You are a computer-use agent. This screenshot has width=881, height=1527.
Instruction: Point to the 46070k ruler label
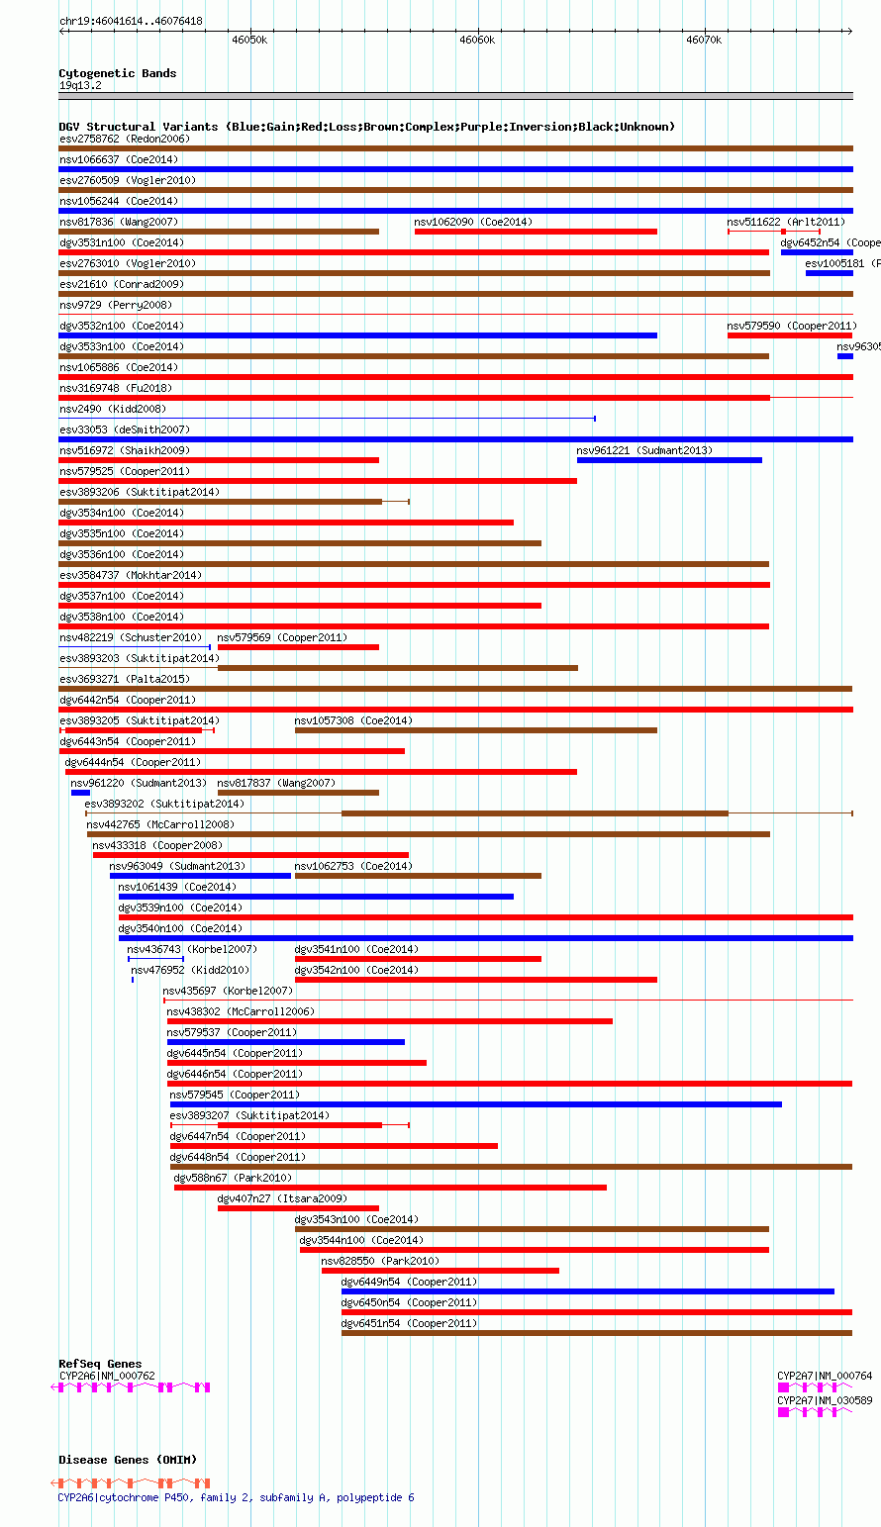click(704, 40)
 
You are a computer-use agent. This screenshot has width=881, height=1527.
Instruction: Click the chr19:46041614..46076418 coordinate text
click(131, 21)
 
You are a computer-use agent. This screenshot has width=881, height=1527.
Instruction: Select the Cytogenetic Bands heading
click(117, 73)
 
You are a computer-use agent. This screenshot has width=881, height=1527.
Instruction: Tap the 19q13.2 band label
click(80, 85)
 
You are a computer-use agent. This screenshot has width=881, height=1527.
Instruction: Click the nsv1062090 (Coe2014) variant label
click(472, 222)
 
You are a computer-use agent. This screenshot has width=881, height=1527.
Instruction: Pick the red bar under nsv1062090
click(536, 232)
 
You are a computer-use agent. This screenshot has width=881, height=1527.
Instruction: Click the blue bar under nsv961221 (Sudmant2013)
click(669, 460)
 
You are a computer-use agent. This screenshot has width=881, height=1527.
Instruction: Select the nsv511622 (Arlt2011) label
click(786, 222)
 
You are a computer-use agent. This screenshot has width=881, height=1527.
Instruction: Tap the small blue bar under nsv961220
click(80, 793)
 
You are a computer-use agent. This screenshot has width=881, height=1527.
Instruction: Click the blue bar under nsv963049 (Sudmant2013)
click(200, 876)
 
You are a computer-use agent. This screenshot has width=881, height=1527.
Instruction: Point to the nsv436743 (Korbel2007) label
click(191, 949)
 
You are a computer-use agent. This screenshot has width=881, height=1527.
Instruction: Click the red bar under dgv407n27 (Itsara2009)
click(298, 1208)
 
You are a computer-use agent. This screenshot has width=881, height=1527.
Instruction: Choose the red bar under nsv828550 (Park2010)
click(440, 1271)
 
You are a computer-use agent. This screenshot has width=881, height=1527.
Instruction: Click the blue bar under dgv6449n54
click(587, 1291)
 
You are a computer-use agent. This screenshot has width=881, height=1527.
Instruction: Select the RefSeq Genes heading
click(100, 1364)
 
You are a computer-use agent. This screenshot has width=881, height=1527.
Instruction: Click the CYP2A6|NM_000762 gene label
click(107, 1376)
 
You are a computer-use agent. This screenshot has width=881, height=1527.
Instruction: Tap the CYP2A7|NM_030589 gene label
click(825, 1400)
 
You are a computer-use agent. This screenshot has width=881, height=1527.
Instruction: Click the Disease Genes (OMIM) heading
click(127, 1460)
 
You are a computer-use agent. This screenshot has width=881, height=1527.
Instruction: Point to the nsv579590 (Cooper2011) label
click(792, 326)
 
